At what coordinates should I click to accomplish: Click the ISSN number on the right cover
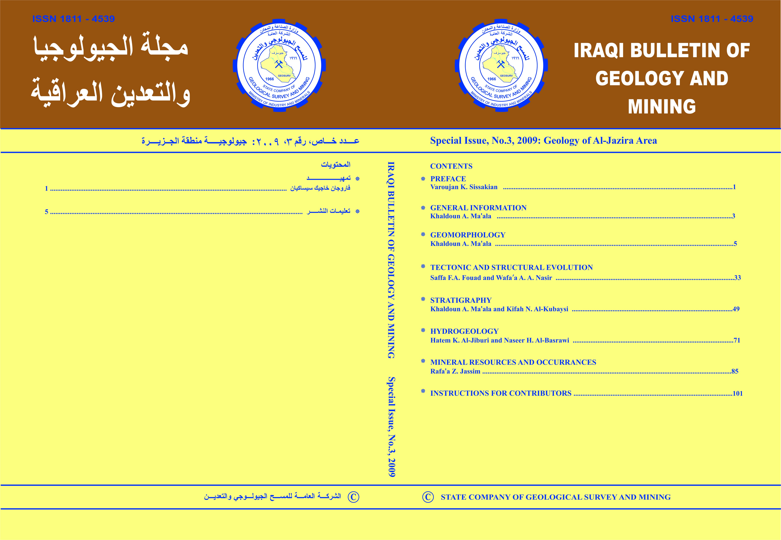(x=712, y=19)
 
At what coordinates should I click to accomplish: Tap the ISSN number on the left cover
(x=73, y=19)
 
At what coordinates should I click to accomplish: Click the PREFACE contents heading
(x=448, y=179)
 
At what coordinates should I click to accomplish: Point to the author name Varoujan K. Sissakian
(x=464, y=187)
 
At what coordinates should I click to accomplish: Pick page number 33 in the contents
(x=737, y=278)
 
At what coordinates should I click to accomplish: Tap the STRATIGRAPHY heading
(x=461, y=300)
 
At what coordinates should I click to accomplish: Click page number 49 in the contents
(x=736, y=309)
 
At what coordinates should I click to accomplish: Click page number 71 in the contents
(x=737, y=340)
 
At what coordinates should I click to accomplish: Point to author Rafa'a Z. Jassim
(x=455, y=371)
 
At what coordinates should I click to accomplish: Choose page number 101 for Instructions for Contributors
(x=737, y=394)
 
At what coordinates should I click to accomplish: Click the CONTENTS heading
(x=451, y=166)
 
